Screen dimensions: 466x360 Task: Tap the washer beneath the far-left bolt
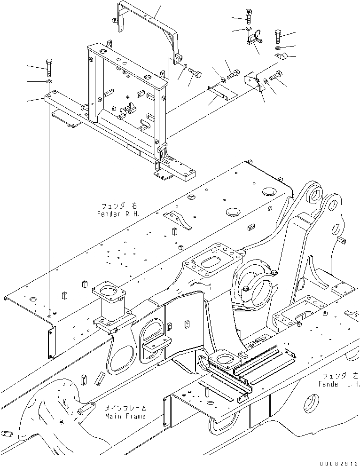48,82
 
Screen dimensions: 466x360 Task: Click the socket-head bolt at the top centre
249,16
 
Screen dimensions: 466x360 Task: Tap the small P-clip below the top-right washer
283,58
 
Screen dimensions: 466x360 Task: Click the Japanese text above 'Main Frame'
125,408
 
